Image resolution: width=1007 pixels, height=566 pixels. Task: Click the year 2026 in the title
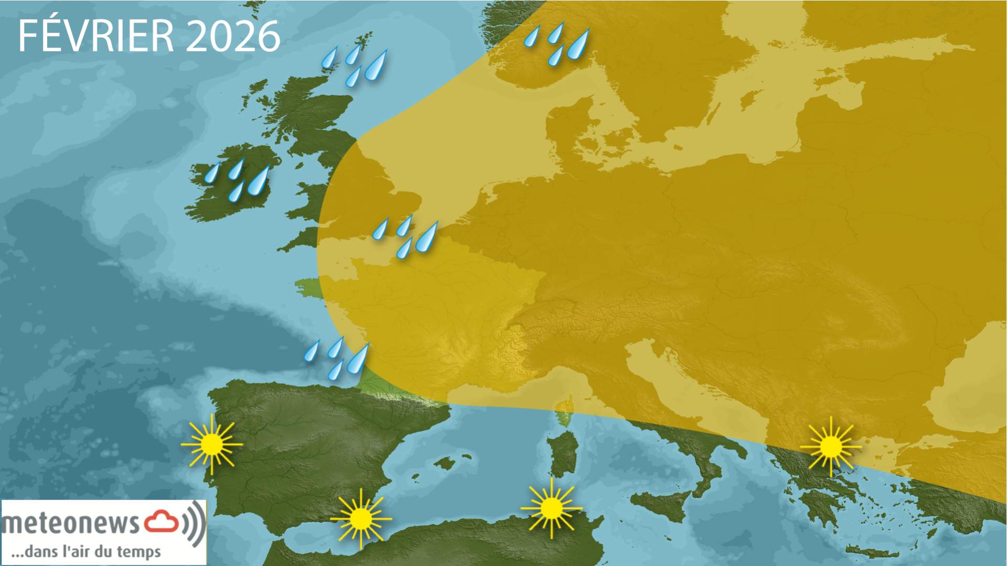tap(233, 36)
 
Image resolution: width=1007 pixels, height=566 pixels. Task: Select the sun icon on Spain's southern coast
tap(361, 518)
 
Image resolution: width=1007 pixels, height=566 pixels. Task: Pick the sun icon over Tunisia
tap(551, 507)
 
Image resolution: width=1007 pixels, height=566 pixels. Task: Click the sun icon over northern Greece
tap(831, 447)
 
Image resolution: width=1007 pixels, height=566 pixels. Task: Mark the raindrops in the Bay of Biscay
tap(338, 358)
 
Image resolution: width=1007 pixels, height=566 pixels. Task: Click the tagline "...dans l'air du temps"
tap(86, 552)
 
